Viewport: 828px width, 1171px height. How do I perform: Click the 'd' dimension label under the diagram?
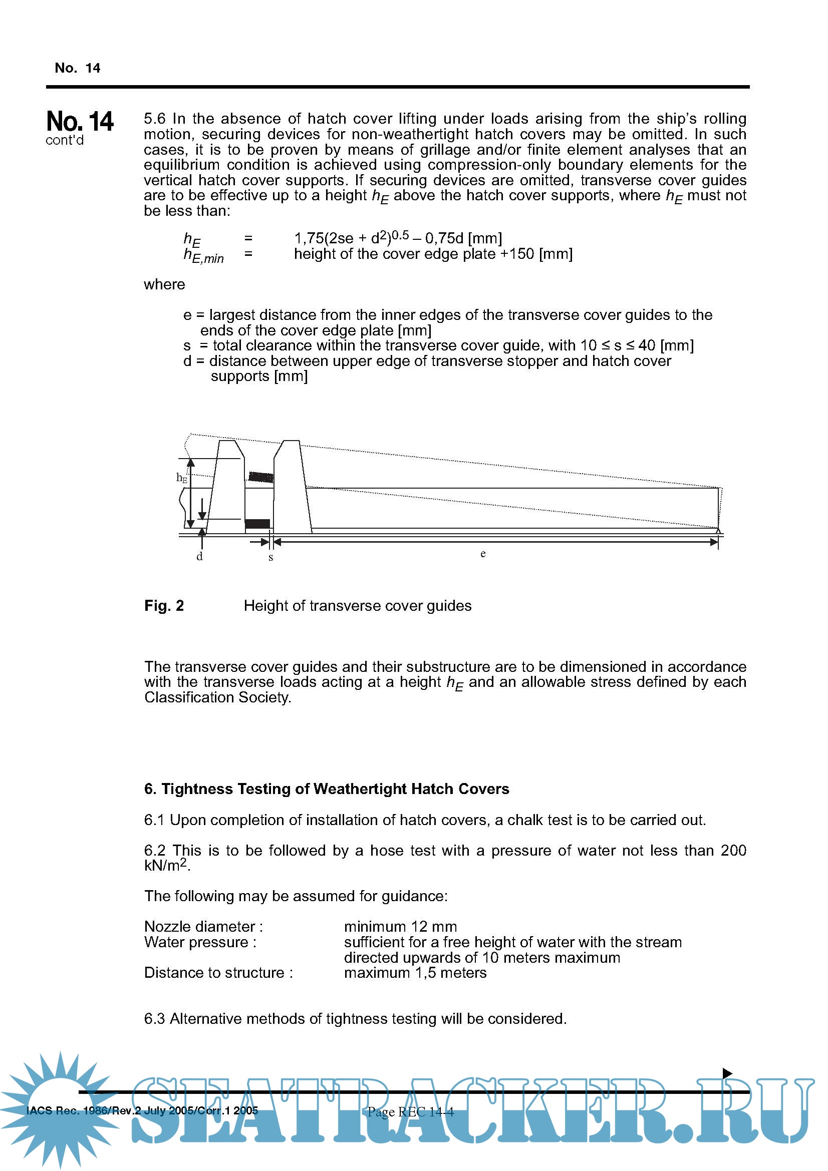pos(199,556)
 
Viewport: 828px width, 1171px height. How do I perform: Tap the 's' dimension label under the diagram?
pos(271,557)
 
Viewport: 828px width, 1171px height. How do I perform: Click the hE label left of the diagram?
pos(182,478)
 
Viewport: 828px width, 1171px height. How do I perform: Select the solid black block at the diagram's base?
pos(257,523)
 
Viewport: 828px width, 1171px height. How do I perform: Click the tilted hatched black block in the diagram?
pos(260,477)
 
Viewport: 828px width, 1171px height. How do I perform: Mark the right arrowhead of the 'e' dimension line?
pos(714,542)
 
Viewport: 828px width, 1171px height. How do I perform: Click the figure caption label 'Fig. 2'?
pos(164,605)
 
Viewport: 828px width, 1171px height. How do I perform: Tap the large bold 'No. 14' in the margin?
pos(80,121)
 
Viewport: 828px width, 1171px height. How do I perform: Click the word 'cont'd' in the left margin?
pos(64,140)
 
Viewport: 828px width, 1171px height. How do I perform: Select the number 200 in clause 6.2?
pos(733,850)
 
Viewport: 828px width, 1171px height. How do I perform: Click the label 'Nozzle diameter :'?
pos(203,926)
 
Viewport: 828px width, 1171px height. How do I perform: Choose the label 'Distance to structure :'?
pos(218,972)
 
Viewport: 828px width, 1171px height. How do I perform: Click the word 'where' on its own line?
pos(164,284)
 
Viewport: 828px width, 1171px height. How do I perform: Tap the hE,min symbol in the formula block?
pos(203,255)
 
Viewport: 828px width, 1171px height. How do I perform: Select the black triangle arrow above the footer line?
pos(727,1073)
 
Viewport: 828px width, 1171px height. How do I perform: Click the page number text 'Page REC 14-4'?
pos(410,1112)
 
